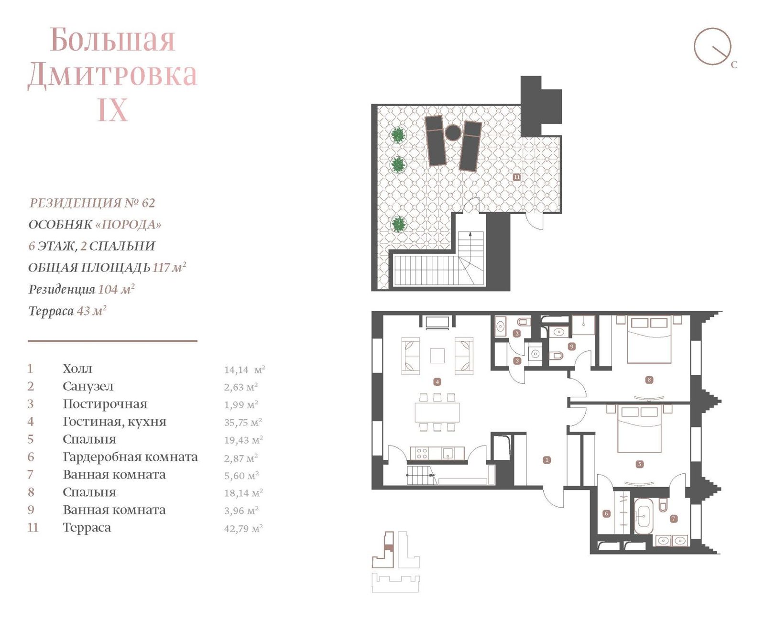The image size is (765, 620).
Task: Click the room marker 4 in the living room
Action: (x=437, y=382)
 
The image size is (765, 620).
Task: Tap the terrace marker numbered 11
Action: (x=516, y=177)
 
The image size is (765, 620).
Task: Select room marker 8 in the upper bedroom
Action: (x=649, y=380)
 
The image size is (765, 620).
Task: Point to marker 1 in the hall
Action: (x=547, y=460)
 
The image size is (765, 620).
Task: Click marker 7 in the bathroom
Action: (x=673, y=518)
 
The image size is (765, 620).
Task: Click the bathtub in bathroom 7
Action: (x=643, y=516)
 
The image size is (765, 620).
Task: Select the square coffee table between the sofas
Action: (x=437, y=356)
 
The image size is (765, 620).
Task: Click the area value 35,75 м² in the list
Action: (x=243, y=422)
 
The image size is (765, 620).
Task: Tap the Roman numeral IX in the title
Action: (x=113, y=109)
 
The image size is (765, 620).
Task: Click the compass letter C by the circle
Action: (x=734, y=65)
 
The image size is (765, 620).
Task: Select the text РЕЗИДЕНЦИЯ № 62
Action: (x=92, y=203)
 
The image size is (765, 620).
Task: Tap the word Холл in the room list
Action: (x=77, y=369)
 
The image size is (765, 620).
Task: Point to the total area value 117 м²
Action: (x=169, y=267)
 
